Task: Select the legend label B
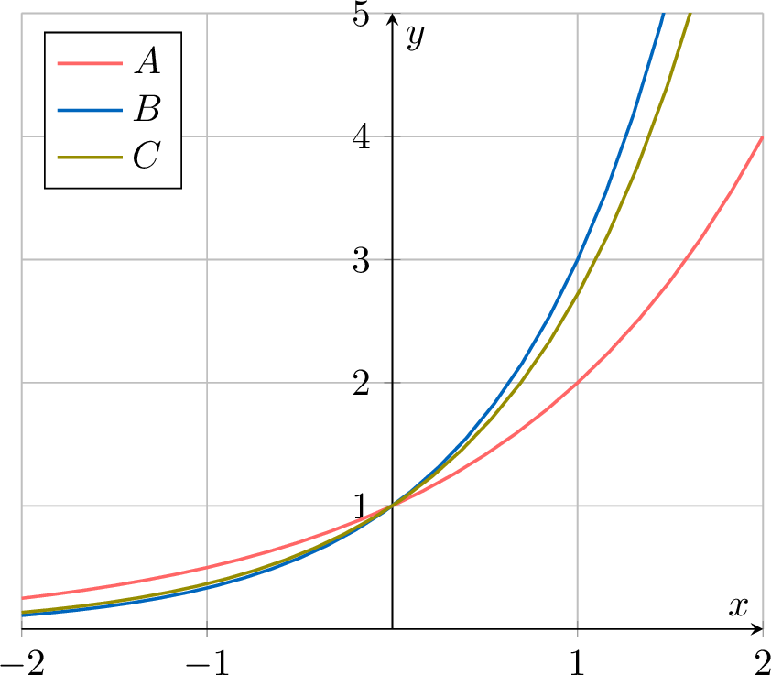147,110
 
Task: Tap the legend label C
147,157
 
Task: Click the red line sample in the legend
89,63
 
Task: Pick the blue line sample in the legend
89,110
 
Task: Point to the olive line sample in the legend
89,157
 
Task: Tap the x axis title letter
737,606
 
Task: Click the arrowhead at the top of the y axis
393,18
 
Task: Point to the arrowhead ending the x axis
757,629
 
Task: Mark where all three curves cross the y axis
393,506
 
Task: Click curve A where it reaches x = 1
578,383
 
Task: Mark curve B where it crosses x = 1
578,260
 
